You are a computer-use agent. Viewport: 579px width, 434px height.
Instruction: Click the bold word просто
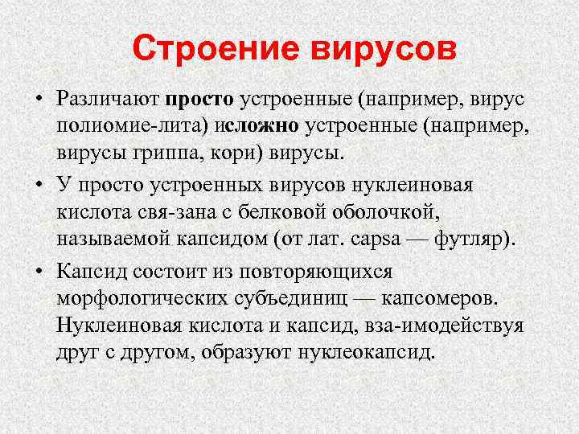200,99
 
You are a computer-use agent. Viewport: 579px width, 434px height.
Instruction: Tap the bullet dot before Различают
38,99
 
